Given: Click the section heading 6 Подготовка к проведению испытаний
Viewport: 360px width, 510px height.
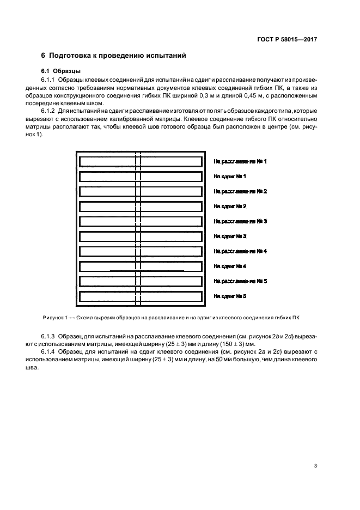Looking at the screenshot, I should pos(114,56).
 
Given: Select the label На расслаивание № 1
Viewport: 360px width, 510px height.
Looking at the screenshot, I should pos(240,162).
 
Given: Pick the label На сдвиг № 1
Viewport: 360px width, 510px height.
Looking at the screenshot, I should pos(230,177).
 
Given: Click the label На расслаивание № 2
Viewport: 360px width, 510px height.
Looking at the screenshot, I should pos(240,192).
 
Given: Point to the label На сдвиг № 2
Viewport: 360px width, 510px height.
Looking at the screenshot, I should pos(230,207).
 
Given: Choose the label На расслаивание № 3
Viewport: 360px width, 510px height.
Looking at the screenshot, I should pos(240,221).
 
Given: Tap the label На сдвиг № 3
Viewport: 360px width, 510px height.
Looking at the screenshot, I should pos(230,236).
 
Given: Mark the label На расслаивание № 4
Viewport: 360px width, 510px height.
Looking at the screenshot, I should pos(240,251).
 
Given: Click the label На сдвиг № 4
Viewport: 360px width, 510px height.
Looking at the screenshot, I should pos(230,266).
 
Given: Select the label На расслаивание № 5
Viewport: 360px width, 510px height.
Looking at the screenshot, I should pos(240,281).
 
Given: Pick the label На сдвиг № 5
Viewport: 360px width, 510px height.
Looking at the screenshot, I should pos(230,296).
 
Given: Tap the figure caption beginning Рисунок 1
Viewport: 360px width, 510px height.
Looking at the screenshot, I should pos(170,317).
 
